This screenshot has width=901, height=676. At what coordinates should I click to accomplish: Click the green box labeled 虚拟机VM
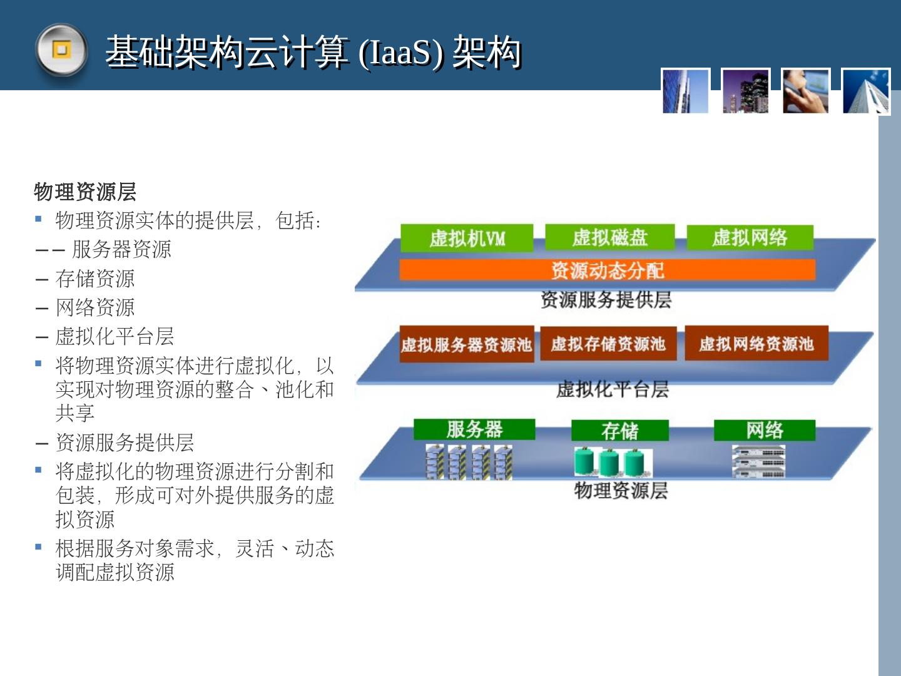click(467, 238)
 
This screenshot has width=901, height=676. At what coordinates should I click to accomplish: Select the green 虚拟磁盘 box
click(609, 237)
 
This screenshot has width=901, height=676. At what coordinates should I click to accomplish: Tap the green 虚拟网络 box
click(750, 237)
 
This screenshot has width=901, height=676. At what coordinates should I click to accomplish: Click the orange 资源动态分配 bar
click(607, 270)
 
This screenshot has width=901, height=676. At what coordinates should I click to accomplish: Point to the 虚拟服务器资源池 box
click(467, 344)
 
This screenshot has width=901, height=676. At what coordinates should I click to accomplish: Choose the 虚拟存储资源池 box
click(608, 343)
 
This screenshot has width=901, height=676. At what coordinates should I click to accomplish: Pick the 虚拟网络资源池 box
click(756, 343)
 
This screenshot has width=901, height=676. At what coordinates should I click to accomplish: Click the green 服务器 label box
click(474, 429)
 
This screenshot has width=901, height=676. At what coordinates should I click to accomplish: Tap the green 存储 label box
click(619, 431)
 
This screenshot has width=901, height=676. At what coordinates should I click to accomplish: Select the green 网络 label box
click(764, 430)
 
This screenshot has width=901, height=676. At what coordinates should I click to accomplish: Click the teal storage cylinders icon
click(613, 463)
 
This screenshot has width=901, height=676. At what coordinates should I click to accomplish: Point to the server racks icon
click(469, 463)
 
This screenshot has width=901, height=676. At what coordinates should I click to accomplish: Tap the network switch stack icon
click(758, 463)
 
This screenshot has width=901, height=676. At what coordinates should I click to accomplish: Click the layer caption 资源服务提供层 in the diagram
click(606, 300)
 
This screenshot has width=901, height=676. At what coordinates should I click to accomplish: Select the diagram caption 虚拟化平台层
click(612, 389)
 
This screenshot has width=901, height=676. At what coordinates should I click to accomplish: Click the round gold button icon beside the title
click(61, 49)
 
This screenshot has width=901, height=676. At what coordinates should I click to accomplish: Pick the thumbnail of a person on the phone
click(806, 91)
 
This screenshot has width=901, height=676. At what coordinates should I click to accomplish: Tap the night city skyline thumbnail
click(746, 91)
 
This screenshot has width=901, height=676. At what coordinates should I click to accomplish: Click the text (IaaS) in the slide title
click(401, 53)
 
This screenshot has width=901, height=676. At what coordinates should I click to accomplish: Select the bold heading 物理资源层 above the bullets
click(85, 192)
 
